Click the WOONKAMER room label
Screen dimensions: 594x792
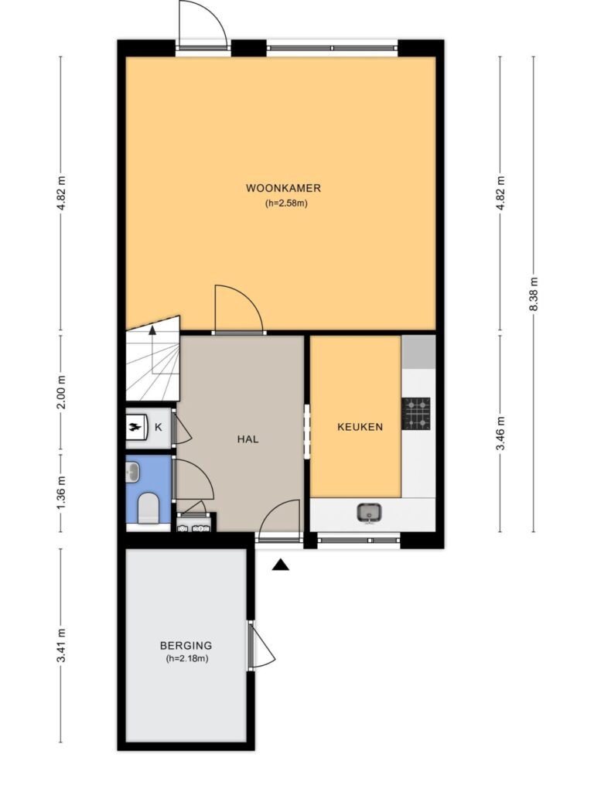[283, 189]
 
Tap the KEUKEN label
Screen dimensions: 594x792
[360, 427]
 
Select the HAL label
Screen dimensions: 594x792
[247, 439]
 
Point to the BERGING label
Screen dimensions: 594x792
[186, 645]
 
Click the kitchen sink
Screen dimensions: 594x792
[369, 514]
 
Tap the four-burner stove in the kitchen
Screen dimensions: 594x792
[416, 413]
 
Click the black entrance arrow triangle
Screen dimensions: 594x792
[280, 565]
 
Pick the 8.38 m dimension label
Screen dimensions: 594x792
[534, 295]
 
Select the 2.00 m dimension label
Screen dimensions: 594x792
[61, 392]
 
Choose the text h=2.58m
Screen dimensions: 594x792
[286, 204]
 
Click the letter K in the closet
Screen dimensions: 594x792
[158, 427]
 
